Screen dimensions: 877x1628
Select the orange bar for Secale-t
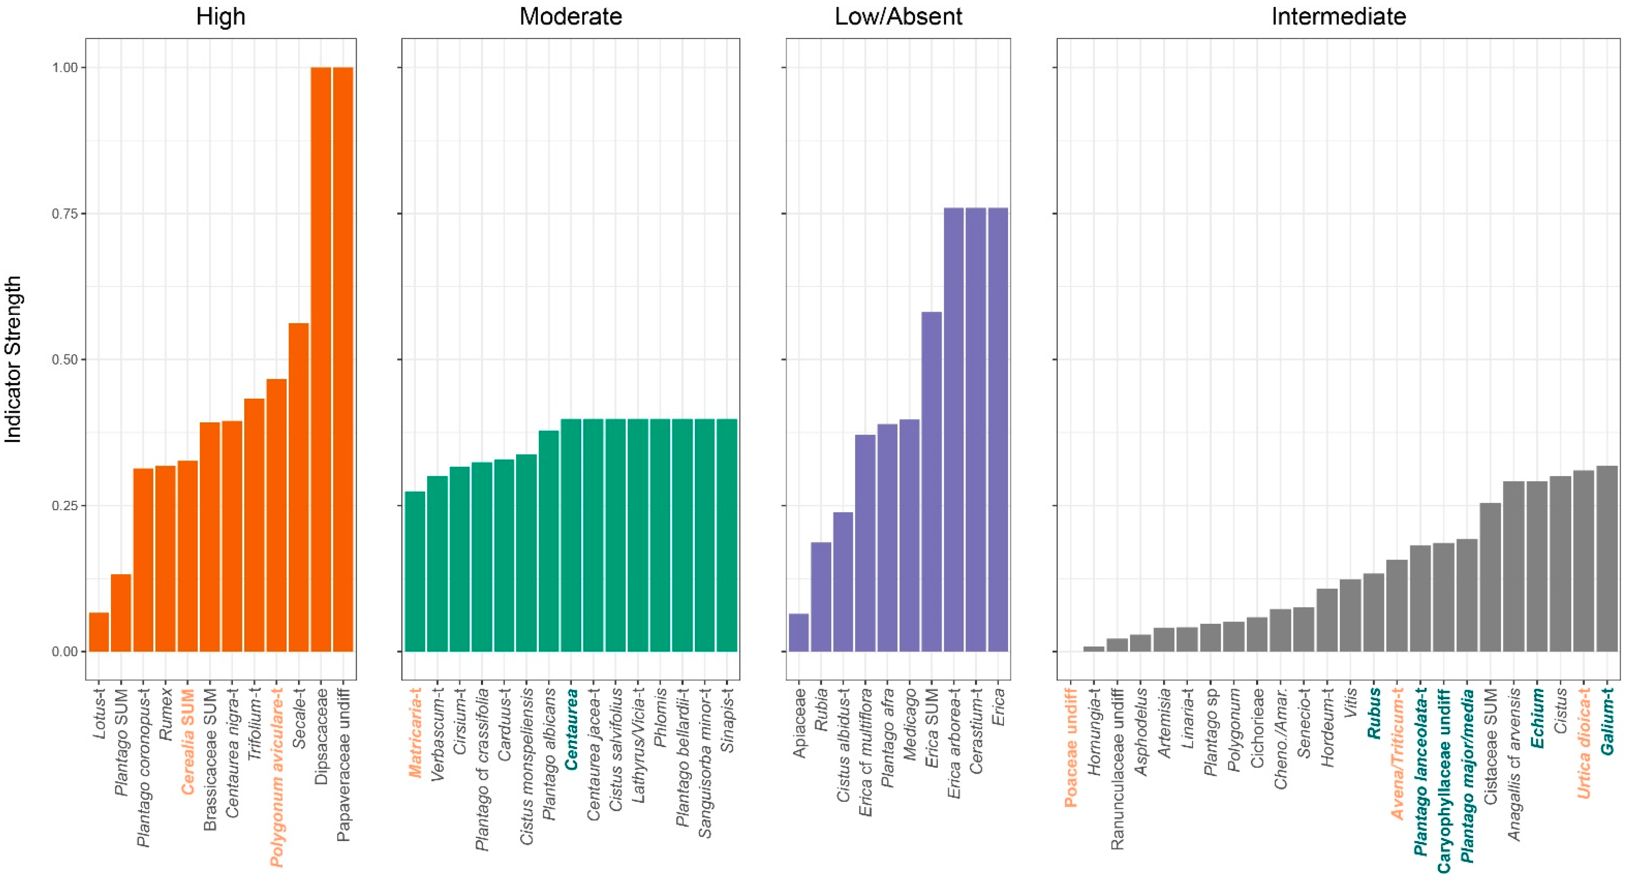[x=298, y=486]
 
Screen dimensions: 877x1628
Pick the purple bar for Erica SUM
[x=931, y=481]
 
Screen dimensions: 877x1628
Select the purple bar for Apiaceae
[x=798, y=632]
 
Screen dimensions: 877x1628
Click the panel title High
[x=220, y=16]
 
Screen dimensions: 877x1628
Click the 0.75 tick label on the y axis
[x=64, y=213]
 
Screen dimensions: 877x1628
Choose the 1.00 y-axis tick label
[x=64, y=68]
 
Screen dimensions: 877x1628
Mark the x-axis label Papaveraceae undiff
[x=343, y=765]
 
